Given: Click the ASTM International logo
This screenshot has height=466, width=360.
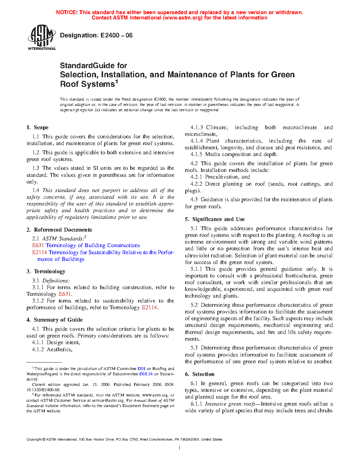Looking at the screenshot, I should pos(42,37).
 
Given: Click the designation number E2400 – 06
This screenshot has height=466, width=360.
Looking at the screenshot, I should pos(116,35).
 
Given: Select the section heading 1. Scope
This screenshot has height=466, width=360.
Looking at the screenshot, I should pos(37,127).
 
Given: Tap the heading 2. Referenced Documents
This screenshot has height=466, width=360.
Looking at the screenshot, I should pos(59,230).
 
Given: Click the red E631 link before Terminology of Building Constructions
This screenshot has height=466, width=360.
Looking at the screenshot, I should pos(38,245).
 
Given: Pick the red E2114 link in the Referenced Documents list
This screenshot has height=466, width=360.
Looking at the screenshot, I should pos(40,252).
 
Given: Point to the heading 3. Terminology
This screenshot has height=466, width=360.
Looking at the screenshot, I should pos(46,271).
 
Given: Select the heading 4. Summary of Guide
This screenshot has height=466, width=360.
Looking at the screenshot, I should pos(55,320).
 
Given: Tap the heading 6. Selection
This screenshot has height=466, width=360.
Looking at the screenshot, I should pos(200,374).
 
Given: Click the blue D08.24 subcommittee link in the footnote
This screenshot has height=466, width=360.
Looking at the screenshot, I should pos(146,374).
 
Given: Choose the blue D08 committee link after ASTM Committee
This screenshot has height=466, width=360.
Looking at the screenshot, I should pos(142,369).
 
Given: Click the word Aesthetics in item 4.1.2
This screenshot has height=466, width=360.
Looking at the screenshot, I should pos(59,349).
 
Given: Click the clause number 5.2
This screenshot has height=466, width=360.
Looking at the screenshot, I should pos(194,305).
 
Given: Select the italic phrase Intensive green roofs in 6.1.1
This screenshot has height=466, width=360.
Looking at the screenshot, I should pos(230,404).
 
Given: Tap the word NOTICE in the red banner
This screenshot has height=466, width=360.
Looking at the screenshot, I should pos(67,12).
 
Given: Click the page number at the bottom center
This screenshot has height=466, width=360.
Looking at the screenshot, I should pos(180,448).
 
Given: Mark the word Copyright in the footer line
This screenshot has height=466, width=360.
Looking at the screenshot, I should pos(34,440).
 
